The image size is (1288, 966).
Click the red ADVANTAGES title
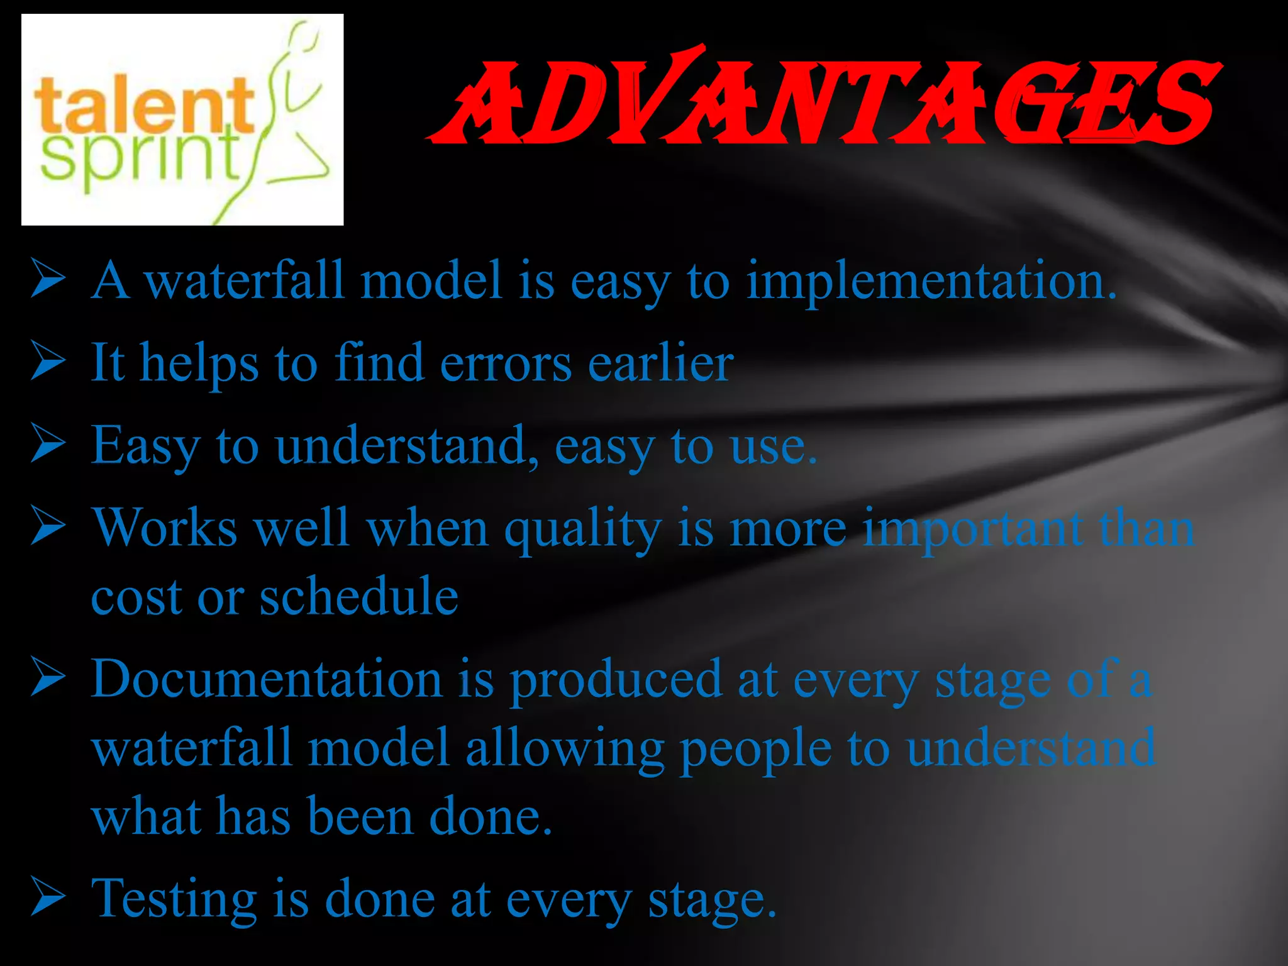(x=824, y=101)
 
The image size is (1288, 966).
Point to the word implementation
(x=931, y=281)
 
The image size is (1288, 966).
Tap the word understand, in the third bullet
(x=406, y=446)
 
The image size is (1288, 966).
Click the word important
(x=972, y=528)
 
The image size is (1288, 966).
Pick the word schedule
(x=358, y=596)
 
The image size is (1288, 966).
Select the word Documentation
(x=267, y=680)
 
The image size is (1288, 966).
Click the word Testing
(x=174, y=900)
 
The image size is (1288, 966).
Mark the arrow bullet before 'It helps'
(x=48, y=362)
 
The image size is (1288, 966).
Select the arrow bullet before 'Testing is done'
(x=48, y=897)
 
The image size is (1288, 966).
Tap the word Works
(x=165, y=528)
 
